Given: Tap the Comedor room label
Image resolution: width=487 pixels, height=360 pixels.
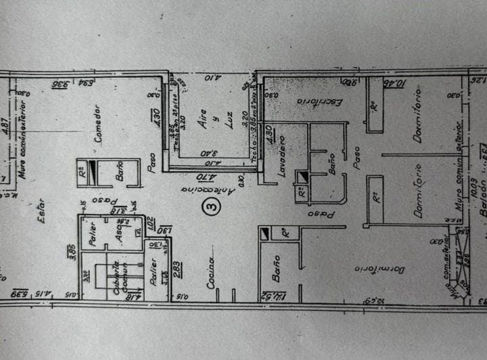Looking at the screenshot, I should [99, 123].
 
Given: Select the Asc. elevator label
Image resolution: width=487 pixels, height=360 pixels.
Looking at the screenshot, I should [117, 233].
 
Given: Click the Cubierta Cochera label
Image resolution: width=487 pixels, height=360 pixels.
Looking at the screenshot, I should [120, 277].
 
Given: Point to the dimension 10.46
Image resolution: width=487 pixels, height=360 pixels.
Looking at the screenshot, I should [393, 85].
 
